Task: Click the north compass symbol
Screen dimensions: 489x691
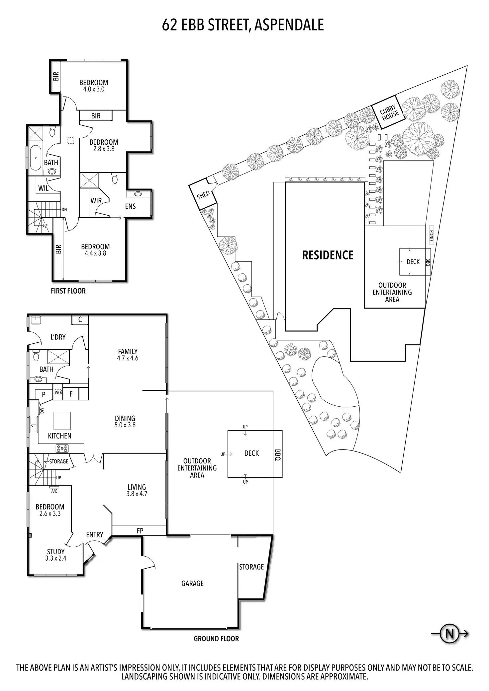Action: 449,634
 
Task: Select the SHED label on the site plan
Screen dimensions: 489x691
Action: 203,195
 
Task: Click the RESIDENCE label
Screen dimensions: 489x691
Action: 328,255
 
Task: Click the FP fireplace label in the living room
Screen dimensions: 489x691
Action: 140,530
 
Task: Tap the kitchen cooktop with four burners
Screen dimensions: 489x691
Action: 62,449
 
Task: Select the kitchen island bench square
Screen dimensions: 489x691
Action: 62,421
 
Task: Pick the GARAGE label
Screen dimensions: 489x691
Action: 192,583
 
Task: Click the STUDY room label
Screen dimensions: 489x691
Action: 56,552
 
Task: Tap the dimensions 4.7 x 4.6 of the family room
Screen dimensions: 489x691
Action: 128,358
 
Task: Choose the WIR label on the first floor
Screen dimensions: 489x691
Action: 96,201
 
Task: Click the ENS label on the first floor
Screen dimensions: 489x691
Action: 131,206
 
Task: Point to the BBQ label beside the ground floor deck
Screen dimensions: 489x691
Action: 278,454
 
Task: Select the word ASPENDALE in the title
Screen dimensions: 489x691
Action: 289,25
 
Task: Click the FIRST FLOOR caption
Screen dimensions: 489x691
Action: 68,291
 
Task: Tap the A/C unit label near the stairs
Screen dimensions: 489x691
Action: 54,491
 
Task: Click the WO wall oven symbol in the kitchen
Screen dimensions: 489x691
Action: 58,393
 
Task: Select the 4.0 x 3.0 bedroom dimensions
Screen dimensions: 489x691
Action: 94,89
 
